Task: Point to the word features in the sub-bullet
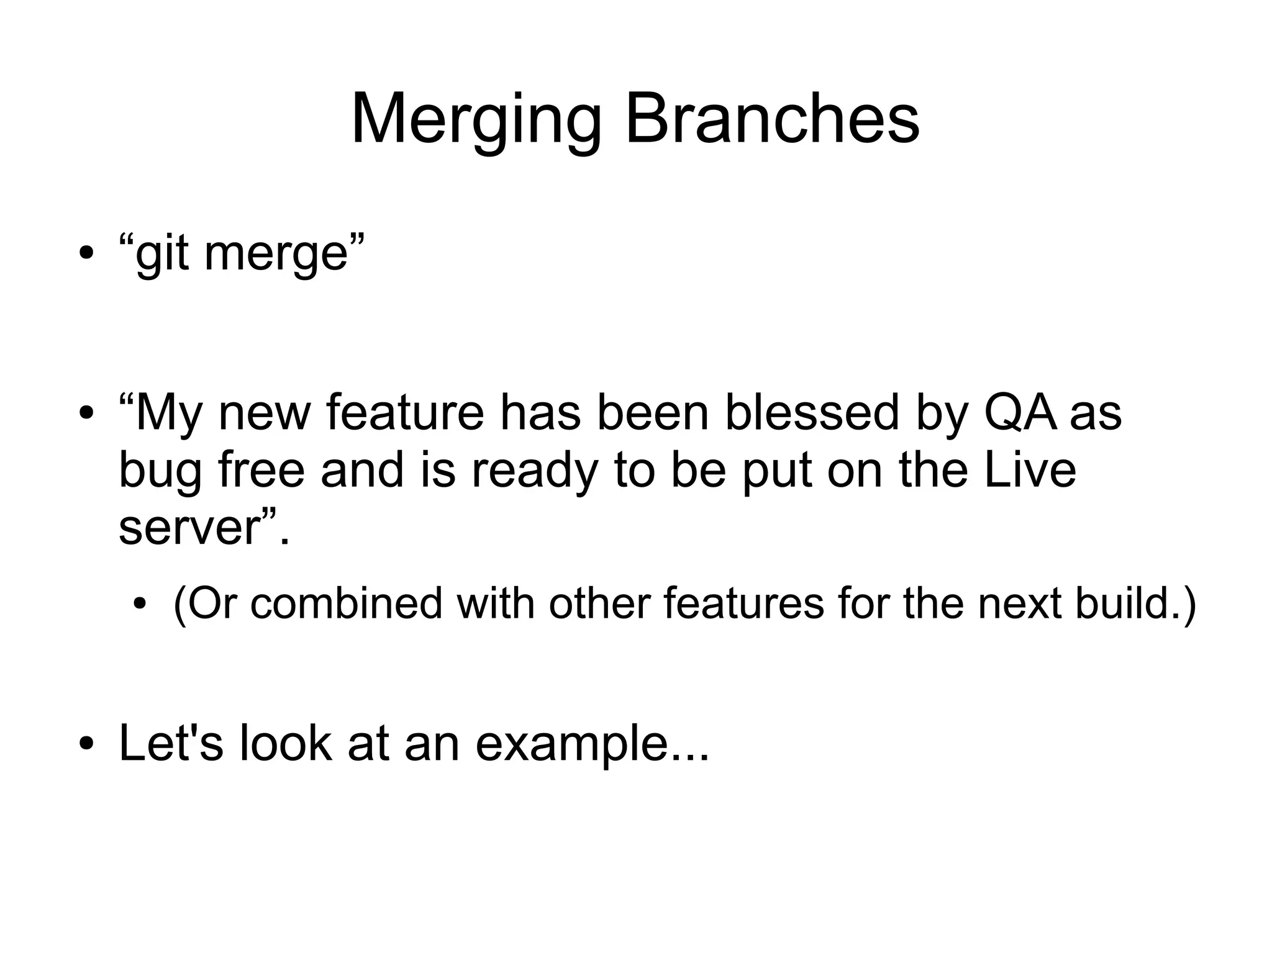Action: (x=743, y=602)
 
